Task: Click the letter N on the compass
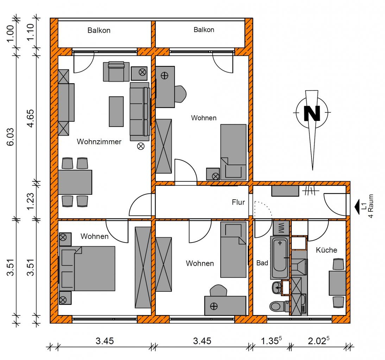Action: click(312, 113)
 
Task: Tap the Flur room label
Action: click(238, 202)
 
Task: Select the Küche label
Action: click(326, 250)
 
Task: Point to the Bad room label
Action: click(262, 263)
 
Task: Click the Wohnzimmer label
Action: click(99, 141)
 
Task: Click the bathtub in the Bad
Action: click(280, 257)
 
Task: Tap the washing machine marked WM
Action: click(281, 228)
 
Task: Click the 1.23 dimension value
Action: click(31, 201)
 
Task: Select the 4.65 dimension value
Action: click(31, 118)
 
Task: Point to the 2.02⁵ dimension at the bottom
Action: click(318, 341)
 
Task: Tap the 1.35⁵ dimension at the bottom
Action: click(271, 341)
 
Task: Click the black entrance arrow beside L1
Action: click(357, 206)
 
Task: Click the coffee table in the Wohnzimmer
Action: click(116, 111)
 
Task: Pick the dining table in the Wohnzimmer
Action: click(75, 182)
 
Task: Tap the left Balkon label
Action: click(99, 30)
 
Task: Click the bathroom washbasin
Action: click(277, 288)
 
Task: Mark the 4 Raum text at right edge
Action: click(371, 206)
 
